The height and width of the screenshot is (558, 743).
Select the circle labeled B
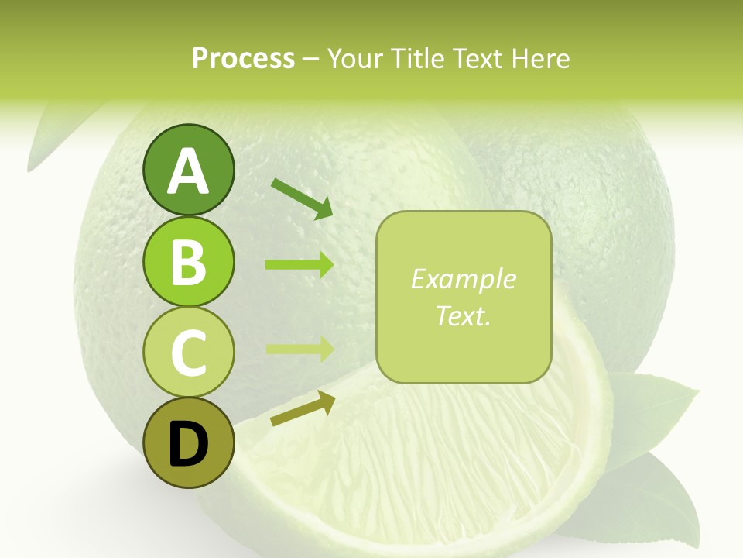pos(188,261)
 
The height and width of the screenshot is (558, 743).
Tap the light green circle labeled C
pos(188,353)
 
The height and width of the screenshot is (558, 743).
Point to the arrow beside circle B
pos(300,265)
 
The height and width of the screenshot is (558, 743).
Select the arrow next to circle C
pos(300,349)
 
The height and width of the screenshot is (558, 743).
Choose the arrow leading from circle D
pos(303,408)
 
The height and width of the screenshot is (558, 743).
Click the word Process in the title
pos(243,59)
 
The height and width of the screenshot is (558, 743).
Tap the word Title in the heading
pos(419,59)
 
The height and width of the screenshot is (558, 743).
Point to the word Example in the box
pos(463,279)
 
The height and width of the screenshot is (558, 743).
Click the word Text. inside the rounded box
pos(463,315)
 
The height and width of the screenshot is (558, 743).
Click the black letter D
pos(188,446)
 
